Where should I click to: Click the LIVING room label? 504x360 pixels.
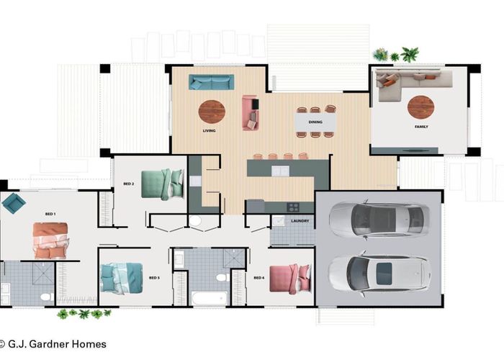pos(209,130)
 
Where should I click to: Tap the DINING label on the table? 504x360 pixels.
pos(315,122)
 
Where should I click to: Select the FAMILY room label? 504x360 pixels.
pos(421,127)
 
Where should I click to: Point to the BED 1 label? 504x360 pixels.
pos(50,214)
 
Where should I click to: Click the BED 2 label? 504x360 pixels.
pos(129,184)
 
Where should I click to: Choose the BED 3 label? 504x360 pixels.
pos(154,278)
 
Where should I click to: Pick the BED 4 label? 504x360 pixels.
pos(259,278)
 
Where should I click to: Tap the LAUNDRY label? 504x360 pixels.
pos(300,221)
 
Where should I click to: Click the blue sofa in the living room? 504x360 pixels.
pos(211,82)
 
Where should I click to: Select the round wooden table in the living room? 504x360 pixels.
pos(212,112)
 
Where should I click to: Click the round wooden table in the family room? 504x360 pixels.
pos(420,107)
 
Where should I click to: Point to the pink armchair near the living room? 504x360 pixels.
pos(251,113)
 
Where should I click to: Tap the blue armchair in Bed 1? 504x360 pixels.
pos(14,203)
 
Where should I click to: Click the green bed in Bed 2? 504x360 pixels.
pos(163,184)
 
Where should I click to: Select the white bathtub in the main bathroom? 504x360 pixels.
pos(210,298)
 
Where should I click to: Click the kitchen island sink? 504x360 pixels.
pos(280,171)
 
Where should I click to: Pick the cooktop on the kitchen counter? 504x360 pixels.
pos(293,207)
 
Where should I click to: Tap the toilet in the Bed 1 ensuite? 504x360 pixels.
pos(47,297)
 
